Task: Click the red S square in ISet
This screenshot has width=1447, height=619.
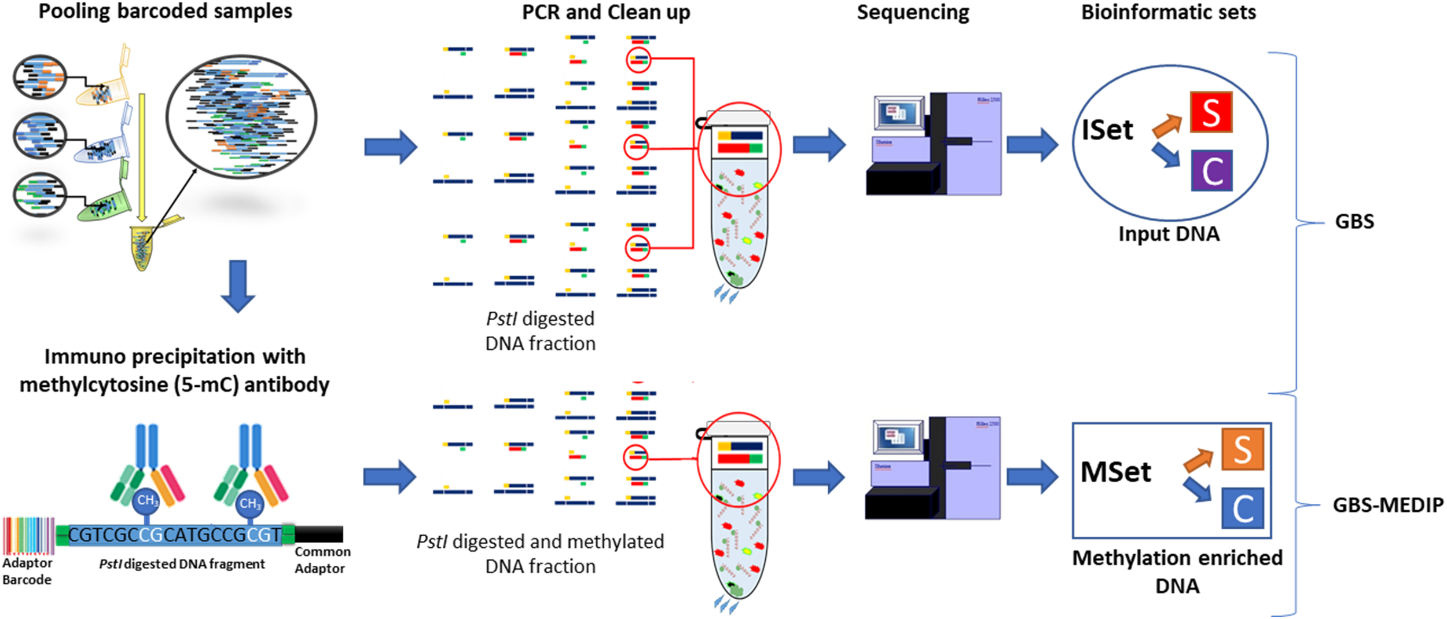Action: click(1210, 112)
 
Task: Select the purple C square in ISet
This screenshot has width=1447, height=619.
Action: click(1211, 171)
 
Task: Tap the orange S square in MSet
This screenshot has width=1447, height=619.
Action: click(1242, 449)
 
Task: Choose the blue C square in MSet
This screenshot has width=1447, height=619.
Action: click(1242, 508)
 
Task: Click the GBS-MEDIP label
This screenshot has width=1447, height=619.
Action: click(1387, 506)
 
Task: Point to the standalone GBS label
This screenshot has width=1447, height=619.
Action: click(1354, 222)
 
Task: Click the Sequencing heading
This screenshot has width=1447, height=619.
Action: click(913, 13)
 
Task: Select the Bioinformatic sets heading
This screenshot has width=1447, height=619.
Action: click(1168, 13)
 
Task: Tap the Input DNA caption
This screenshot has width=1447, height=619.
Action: click(1168, 234)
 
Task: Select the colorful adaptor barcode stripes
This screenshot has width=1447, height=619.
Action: click(28, 536)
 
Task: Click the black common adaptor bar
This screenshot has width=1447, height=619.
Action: click(319, 534)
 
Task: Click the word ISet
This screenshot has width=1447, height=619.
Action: click(1107, 130)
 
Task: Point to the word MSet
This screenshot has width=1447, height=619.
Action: click(1115, 472)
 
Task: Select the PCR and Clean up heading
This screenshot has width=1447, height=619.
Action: click(605, 13)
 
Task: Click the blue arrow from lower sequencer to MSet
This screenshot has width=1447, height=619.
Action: click(1032, 477)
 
